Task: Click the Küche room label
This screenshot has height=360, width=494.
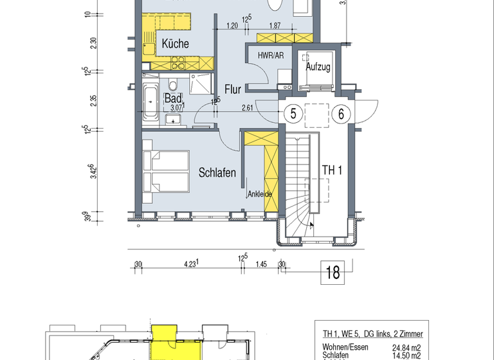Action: tap(175, 44)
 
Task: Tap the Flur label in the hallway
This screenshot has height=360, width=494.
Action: tap(232, 89)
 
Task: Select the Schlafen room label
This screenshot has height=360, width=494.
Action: tap(217, 173)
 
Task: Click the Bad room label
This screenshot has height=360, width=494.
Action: tap(172, 98)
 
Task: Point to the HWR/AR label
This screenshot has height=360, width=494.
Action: tap(270, 56)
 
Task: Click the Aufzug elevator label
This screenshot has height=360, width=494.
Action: tap(318, 67)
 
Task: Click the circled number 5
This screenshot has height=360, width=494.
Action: tap(293, 114)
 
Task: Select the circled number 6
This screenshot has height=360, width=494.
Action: tap(342, 114)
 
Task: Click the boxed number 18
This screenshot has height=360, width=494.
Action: tap(333, 272)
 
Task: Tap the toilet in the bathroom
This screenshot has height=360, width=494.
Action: tap(172, 85)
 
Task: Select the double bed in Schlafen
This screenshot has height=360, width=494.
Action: tap(167, 171)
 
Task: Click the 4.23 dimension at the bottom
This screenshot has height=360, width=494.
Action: tap(190, 264)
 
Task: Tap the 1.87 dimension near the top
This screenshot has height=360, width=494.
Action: tap(274, 26)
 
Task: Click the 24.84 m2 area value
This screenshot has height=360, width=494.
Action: tap(407, 348)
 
